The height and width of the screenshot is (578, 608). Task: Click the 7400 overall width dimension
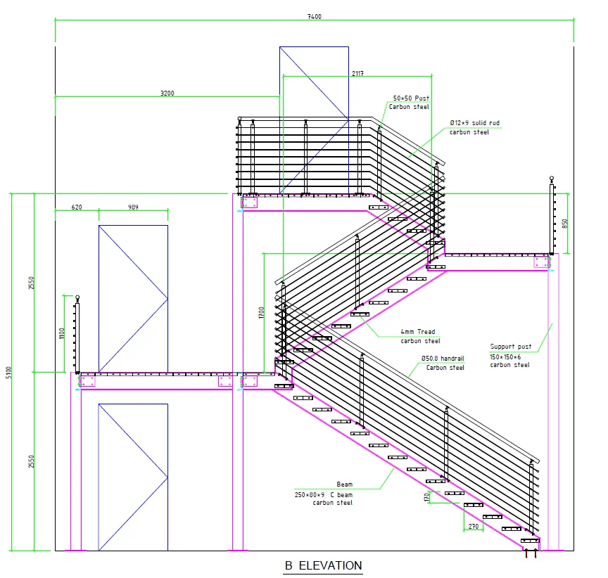[315, 17]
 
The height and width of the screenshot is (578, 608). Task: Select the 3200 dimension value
[167, 92]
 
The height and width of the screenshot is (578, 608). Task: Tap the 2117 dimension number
[357, 72]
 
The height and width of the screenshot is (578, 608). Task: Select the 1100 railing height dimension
[62, 332]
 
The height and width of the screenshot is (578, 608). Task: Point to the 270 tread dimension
[474, 526]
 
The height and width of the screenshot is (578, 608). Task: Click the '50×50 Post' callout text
[411, 98]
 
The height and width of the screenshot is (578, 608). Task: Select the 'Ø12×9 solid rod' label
[474, 123]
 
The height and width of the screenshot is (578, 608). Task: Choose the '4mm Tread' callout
[418, 332]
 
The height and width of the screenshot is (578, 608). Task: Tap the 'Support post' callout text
[510, 347]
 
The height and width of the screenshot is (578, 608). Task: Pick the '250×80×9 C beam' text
[324, 494]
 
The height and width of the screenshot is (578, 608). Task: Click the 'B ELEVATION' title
[324, 565]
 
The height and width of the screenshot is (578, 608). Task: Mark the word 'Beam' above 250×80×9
[344, 484]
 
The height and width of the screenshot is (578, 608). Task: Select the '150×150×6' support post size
[510, 356]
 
